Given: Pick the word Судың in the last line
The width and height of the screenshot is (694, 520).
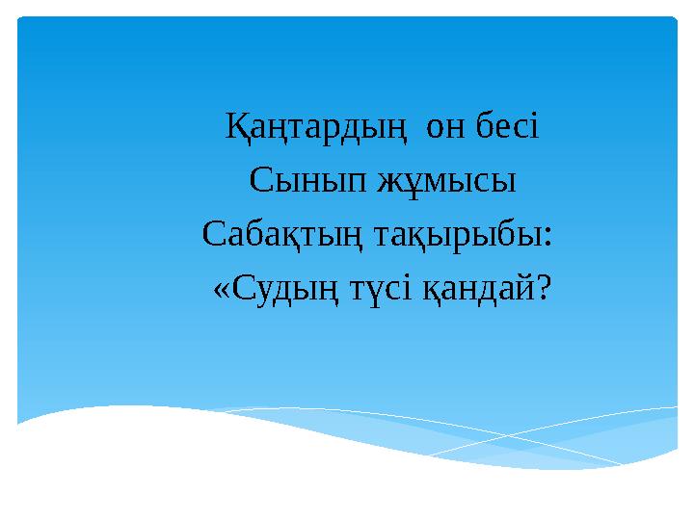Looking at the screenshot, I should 295,289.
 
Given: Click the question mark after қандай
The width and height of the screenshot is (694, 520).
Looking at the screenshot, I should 547,288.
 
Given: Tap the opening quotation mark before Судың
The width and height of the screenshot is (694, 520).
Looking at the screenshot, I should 221,290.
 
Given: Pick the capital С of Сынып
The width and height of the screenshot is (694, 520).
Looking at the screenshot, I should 259,180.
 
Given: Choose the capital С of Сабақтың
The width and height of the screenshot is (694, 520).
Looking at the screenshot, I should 215,234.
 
